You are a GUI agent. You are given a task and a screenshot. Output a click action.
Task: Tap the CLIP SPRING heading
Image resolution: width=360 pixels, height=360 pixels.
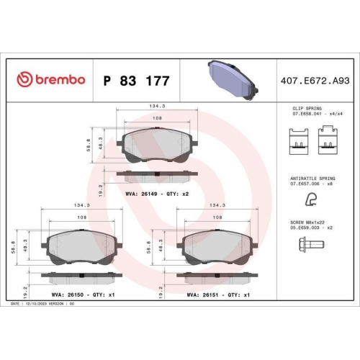[x=307, y=107]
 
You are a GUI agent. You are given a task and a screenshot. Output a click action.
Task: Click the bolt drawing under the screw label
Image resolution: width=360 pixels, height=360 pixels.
[x=309, y=248]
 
